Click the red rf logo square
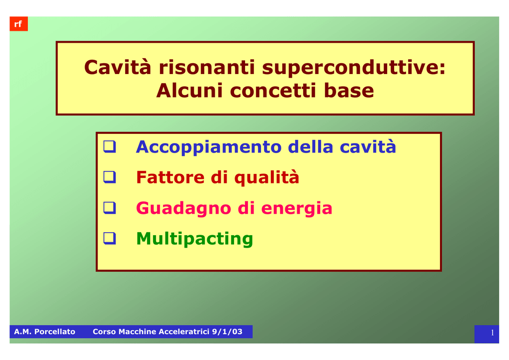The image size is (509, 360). point(19,24)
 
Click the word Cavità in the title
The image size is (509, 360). point(118,67)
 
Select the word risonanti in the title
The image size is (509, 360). point(207,67)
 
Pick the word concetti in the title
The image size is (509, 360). point(273,90)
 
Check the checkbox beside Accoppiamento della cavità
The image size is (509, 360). point(110,146)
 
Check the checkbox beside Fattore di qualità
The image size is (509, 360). point(110,177)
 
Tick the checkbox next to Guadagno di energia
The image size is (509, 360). point(110,208)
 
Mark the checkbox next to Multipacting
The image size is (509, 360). point(110,238)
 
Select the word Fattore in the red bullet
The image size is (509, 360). point(170,177)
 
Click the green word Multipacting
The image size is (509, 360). point(194,239)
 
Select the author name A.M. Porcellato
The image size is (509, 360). point(44,332)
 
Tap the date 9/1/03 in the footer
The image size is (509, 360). point(227,332)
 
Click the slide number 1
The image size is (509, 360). point(493,333)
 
